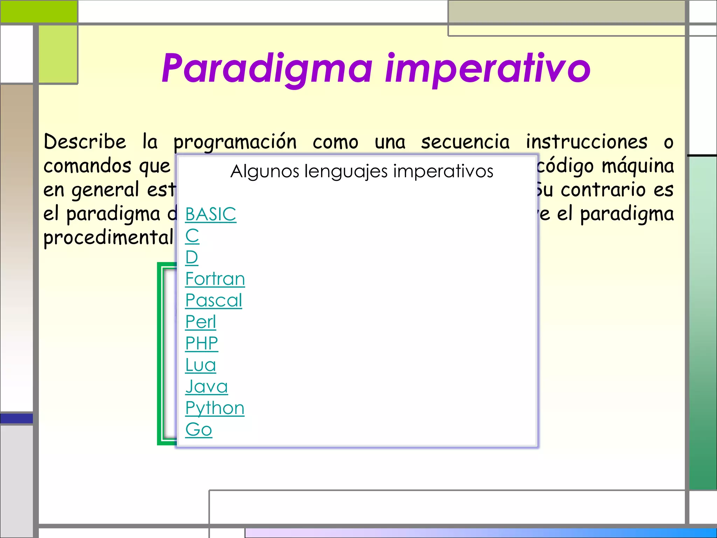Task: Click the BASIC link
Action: pyautogui.click(x=210, y=214)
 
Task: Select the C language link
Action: pyautogui.click(x=192, y=236)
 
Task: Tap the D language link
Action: pyautogui.click(x=192, y=257)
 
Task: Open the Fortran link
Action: pyautogui.click(x=215, y=279)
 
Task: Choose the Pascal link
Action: pyautogui.click(x=213, y=301)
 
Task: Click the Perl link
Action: pyautogui.click(x=200, y=322)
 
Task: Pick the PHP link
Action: pyautogui.click(x=201, y=343)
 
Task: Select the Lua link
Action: pyautogui.click(x=200, y=365)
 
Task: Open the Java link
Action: pyautogui.click(x=206, y=387)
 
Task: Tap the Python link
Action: pyautogui.click(x=214, y=408)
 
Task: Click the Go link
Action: pyautogui.click(x=198, y=429)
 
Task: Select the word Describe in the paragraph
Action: pyautogui.click(x=85, y=142)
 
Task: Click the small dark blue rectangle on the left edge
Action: pyautogui.click(x=16, y=418)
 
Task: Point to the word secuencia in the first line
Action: pyautogui.click(x=465, y=142)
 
